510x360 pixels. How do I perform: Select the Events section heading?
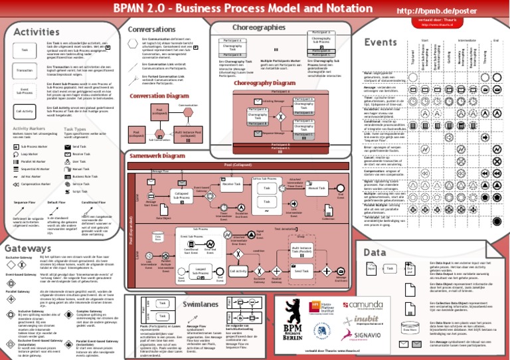click(381, 43)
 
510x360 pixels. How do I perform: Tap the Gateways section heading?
click(29, 248)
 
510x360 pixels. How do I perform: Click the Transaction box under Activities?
click(25, 70)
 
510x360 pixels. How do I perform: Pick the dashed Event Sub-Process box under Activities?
click(25, 91)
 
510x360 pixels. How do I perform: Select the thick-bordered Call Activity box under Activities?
click(25, 112)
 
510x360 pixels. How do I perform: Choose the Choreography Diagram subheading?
click(265, 83)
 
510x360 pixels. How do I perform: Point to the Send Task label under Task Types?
click(79, 146)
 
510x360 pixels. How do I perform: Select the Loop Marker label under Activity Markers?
click(30, 153)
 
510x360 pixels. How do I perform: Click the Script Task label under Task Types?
click(80, 191)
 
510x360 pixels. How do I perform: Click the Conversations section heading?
click(151, 29)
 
